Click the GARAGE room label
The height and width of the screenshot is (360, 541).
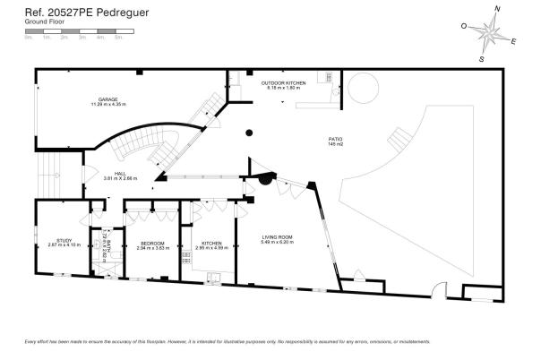tap(107, 99)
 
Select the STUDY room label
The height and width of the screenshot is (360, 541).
tap(64, 239)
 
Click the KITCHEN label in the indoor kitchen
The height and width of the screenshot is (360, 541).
tap(211, 243)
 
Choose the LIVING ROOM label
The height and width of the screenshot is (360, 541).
tap(277, 237)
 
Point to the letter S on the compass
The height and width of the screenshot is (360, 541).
tap(481, 58)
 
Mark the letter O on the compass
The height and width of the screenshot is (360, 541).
tap(464, 26)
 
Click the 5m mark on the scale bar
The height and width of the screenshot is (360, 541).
tap(118, 38)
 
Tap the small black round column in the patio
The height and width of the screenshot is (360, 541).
tap(249, 133)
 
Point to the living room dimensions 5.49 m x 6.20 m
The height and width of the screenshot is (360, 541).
tap(277, 243)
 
